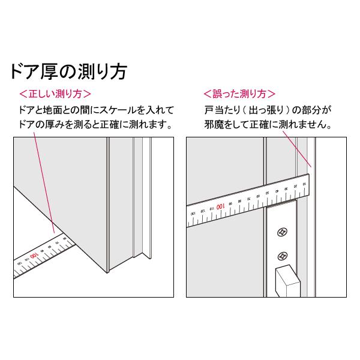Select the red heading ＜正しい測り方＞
coord(55,95)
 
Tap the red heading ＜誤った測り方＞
coord(239,95)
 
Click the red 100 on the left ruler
coord(35,256)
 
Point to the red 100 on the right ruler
coord(221,206)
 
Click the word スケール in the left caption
coord(112,110)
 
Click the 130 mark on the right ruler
coord(193,213)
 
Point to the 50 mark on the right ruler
coord(266,193)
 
